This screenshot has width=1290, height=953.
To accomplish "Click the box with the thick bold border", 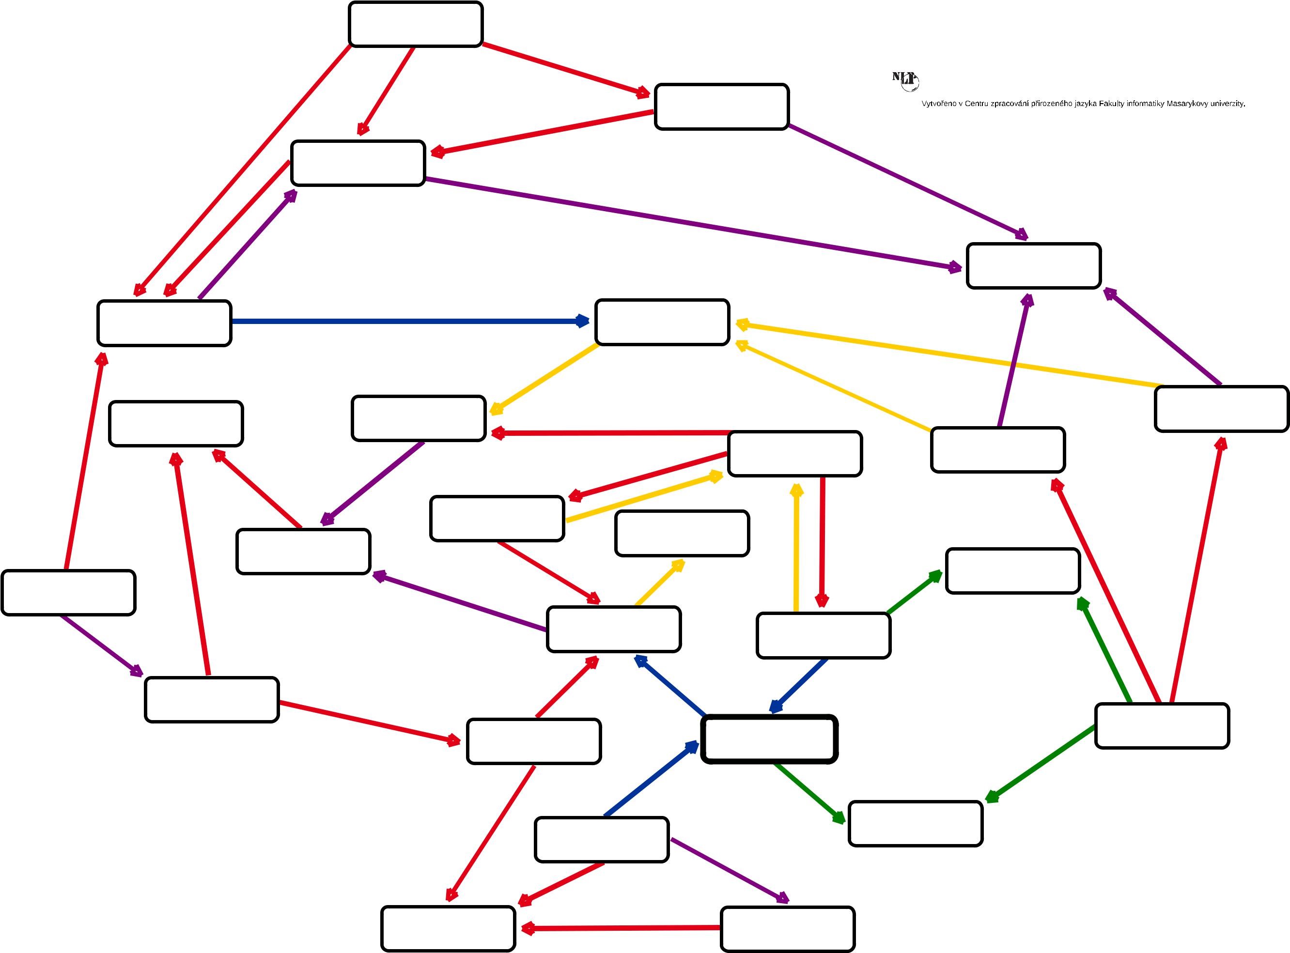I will [769, 739].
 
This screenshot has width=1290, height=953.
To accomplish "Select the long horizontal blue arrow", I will [404, 322].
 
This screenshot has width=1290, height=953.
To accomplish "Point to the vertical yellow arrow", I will [796, 548].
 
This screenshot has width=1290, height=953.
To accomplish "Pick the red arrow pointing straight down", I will [822, 542].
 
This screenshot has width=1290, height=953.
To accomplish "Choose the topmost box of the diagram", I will [415, 24].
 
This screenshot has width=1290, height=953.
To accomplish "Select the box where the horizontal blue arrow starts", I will [164, 323].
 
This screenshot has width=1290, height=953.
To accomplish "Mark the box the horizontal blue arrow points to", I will [662, 322].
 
